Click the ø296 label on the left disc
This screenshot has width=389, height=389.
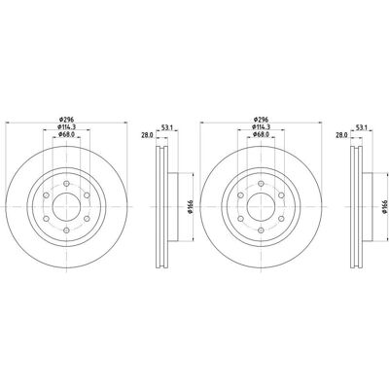67,119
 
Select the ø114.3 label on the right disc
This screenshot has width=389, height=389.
262,126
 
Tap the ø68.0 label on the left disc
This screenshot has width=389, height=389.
66,134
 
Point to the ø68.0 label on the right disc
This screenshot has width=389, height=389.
261,134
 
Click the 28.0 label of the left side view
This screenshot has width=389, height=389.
147,135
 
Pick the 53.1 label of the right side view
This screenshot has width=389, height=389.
361,127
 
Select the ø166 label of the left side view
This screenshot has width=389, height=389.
191,206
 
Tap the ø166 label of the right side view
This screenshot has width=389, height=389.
385,206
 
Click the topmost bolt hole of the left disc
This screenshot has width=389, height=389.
66,184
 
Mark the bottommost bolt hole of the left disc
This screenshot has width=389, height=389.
66,230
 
